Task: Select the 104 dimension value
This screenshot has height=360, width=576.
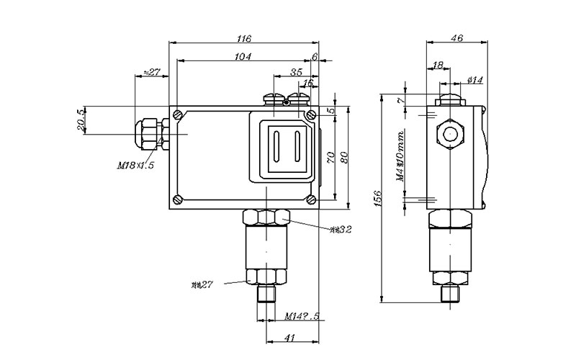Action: point(242,57)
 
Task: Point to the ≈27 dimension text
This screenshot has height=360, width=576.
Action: point(152,71)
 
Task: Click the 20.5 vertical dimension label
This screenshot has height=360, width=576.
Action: point(82,120)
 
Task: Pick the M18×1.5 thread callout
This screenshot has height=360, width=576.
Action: point(136,166)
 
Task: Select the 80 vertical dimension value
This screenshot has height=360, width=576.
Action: point(344,157)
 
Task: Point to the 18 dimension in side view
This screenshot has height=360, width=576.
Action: point(437,66)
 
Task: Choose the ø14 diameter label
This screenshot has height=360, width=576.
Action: point(474,80)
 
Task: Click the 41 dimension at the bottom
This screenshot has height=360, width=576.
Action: point(292,337)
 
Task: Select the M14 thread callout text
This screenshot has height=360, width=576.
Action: point(302,315)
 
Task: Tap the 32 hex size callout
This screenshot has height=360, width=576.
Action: point(341,230)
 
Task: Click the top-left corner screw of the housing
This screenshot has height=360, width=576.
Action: point(177,114)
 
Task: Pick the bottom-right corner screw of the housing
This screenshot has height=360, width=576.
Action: point(310,199)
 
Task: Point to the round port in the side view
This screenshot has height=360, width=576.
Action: point(451,133)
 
